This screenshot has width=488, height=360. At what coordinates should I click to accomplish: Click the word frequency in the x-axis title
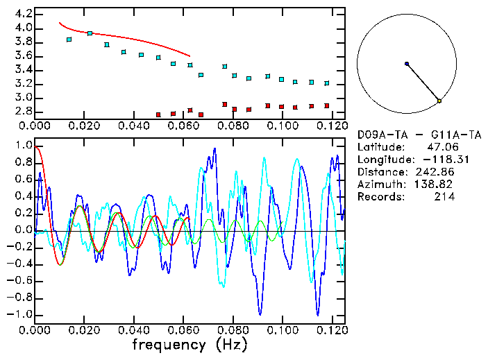coord(169,344)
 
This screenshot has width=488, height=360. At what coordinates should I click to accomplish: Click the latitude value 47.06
coord(441,146)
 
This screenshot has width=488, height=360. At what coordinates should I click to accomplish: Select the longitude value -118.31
coord(435,159)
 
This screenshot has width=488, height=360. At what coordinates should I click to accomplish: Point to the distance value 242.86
coord(435,171)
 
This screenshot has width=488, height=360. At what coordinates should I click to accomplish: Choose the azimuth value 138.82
coord(435,184)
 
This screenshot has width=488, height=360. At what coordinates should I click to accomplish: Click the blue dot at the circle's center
coord(407,64)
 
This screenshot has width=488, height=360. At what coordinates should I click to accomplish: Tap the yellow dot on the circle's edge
coord(439,101)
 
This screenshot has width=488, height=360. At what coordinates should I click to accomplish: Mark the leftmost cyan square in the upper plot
coord(69,40)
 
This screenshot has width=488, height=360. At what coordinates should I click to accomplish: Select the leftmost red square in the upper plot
coord(158,114)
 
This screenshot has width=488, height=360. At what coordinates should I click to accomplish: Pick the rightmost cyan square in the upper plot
coord(326,83)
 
